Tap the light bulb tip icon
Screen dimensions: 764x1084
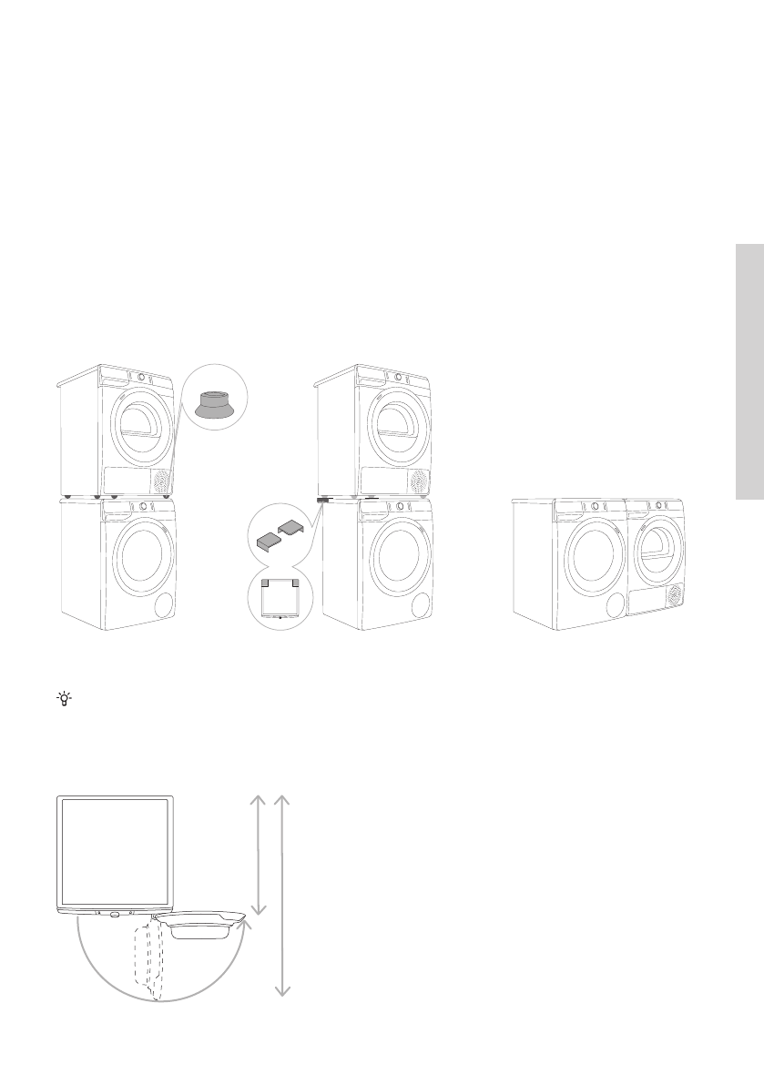pyautogui.click(x=64, y=699)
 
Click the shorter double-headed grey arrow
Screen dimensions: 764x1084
pyautogui.click(x=258, y=854)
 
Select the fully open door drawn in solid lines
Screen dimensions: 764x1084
pyautogui.click(x=200, y=925)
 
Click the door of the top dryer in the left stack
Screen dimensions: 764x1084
pyautogui.click(x=138, y=425)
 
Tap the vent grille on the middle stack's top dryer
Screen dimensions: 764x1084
pyautogui.click(x=420, y=480)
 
